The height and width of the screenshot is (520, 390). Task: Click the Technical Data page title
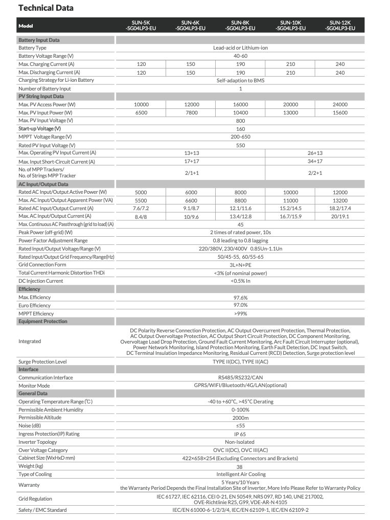[x=46, y=8]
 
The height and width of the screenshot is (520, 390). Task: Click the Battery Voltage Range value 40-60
[x=240, y=56]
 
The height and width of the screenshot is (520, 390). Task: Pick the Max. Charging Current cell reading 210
[x=290, y=64]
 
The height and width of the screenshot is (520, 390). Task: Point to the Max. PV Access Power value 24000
[x=340, y=104]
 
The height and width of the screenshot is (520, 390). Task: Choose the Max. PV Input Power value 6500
[x=142, y=112]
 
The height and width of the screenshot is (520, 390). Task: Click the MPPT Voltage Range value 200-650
[x=240, y=137]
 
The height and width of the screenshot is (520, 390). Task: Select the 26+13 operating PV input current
[x=315, y=153]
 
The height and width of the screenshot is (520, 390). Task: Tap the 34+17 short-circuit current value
[x=315, y=162]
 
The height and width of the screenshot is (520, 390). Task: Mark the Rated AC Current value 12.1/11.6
[x=240, y=208]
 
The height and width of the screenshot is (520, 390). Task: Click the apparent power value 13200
[x=340, y=200]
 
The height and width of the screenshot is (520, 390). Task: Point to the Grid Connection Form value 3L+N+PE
[x=240, y=265]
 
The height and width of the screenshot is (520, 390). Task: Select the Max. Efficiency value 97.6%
[x=240, y=297]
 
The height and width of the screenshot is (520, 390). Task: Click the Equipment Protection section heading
[x=42, y=322]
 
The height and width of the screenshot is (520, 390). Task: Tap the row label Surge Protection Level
[x=42, y=361]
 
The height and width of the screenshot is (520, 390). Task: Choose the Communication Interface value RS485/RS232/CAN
[x=240, y=377]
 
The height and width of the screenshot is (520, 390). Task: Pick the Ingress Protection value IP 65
[x=240, y=434]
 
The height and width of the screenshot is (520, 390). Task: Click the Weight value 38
[x=240, y=466]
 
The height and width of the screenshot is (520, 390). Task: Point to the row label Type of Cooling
[x=35, y=474]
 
